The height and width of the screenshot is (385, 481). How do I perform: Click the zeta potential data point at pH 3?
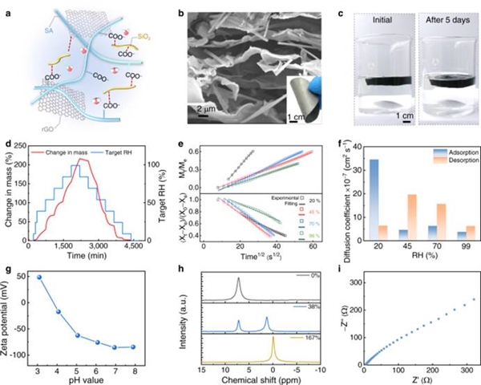[39, 278]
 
